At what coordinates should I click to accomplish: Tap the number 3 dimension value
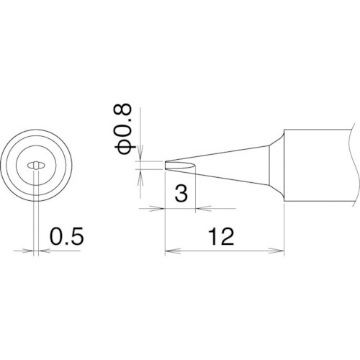pyautogui.click(x=181, y=193)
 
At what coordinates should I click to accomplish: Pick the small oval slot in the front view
pyautogui.click(x=35, y=165)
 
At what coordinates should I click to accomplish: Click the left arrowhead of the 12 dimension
pyautogui.click(x=170, y=252)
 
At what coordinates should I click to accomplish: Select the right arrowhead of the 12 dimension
pyautogui.click(x=282, y=252)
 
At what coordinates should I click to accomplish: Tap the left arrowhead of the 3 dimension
pyautogui.click(x=161, y=210)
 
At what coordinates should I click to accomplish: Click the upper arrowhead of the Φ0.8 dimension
pyautogui.click(x=141, y=157)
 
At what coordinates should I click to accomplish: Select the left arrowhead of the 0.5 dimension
pyautogui.click(x=28, y=251)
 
